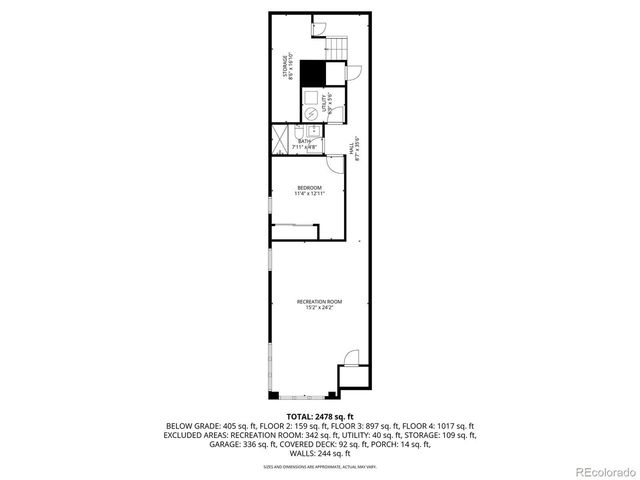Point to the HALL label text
point(353,147)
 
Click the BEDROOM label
point(309,190)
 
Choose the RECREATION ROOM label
point(319,304)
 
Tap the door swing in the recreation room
point(350,358)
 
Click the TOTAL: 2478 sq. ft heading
point(319,415)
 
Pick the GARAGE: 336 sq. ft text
point(191,444)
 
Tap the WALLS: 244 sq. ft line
point(319,453)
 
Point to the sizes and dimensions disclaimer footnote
point(319,465)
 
